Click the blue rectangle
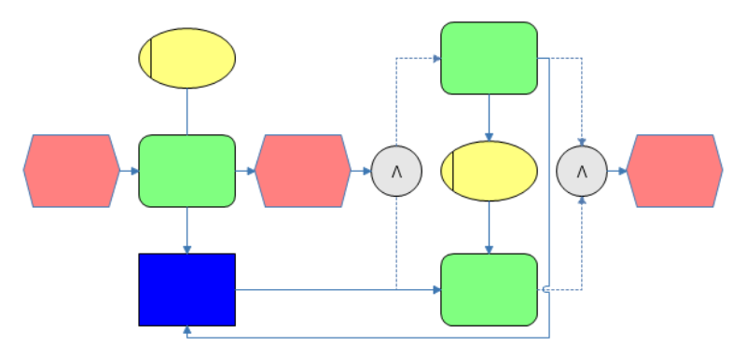[x=186, y=289]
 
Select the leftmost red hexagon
[x=72, y=171]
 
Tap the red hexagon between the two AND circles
[x=302, y=171]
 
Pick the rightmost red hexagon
[x=674, y=171]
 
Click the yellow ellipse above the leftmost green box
[x=186, y=58]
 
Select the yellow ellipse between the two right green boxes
[x=489, y=171]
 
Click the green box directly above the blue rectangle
[x=186, y=171]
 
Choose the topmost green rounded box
[x=489, y=58]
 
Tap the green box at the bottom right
[x=489, y=289]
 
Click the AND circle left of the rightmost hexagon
[x=582, y=171]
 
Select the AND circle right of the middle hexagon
[x=396, y=171]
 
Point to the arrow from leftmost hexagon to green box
[x=130, y=171]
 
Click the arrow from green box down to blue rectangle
[x=187, y=230]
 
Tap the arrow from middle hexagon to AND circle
[x=361, y=171]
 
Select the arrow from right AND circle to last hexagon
[x=617, y=171]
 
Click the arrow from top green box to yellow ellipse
[x=489, y=118]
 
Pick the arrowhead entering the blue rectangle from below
[x=187, y=331]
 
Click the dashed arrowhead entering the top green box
[x=436, y=58]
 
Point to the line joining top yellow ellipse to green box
[x=187, y=112]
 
